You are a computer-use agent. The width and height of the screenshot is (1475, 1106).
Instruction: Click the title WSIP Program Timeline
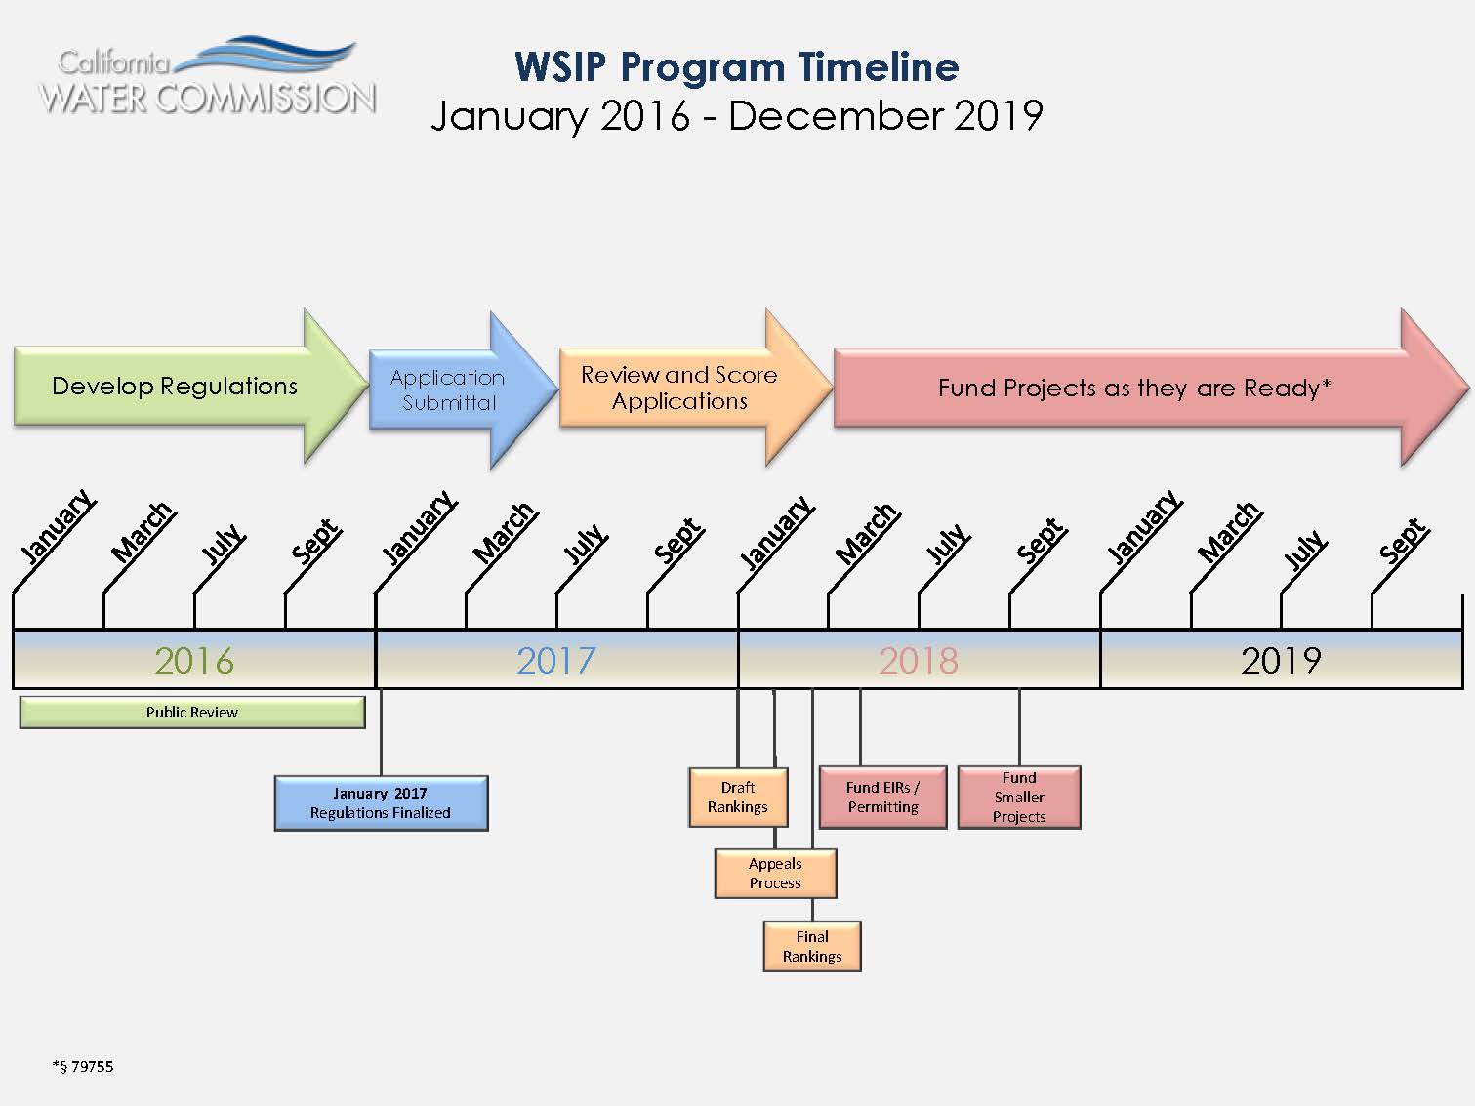coord(736,67)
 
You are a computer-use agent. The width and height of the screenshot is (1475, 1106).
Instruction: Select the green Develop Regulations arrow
coord(176,387)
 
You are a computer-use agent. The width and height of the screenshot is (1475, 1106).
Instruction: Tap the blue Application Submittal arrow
coord(448,389)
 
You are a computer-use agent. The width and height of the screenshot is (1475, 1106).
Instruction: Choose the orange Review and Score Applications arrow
coord(679,388)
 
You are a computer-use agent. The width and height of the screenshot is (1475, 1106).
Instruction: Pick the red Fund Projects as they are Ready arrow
coord(1132,388)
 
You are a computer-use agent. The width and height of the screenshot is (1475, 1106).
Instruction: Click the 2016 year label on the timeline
coord(194,661)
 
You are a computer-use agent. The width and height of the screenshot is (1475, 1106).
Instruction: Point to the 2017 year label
coord(555,661)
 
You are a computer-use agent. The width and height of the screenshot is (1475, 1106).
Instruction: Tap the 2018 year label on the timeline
coord(918,661)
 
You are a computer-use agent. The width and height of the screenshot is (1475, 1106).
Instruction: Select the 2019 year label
coord(1281,661)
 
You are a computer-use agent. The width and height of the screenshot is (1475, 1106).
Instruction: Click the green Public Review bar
coord(192,713)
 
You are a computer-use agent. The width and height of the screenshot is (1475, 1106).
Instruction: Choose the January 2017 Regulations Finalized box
coord(381,802)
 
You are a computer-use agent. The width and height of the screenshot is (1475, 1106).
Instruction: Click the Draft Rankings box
coord(737,798)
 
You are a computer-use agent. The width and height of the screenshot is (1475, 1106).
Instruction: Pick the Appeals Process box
coord(775,874)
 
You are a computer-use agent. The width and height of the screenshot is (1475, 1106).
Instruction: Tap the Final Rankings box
coord(812,946)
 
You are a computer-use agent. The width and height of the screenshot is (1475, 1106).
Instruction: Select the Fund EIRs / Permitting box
coord(882,798)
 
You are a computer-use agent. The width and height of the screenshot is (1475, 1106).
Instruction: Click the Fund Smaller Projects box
coord(1018,798)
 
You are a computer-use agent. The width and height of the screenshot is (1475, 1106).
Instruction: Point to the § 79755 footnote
coord(83,1066)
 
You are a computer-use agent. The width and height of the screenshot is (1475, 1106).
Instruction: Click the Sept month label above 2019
coord(1403,541)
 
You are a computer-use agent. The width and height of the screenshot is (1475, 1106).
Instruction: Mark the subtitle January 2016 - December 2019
coord(736,115)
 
